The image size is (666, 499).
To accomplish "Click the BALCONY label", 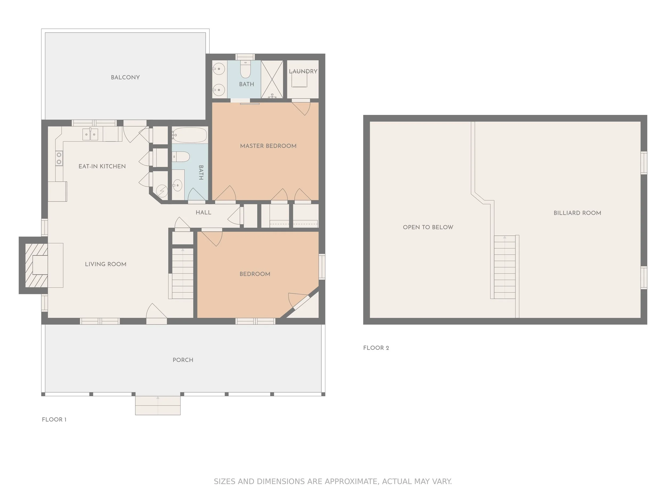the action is (125, 77).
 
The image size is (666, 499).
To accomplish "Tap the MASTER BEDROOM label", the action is (268, 146).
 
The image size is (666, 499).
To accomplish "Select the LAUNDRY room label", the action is (303, 71).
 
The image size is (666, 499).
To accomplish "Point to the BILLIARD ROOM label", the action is (577, 213).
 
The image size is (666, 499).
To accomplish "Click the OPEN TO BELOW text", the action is (428, 227).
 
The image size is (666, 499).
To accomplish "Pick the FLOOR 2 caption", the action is (376, 348).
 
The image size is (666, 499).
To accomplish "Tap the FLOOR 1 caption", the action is (54, 420).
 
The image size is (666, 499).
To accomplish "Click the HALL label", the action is (204, 212).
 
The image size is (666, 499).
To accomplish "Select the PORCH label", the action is (183, 360).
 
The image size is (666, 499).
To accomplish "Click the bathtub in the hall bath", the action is (190, 135).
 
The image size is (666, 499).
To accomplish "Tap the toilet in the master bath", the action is (245, 69).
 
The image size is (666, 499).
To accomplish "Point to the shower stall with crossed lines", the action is (272, 79).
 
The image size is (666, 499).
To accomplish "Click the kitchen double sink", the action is (90, 134).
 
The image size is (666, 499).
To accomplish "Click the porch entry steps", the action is (158, 406).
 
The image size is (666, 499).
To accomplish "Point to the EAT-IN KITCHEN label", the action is (102, 166).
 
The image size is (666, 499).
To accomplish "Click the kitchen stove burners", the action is (59, 158).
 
